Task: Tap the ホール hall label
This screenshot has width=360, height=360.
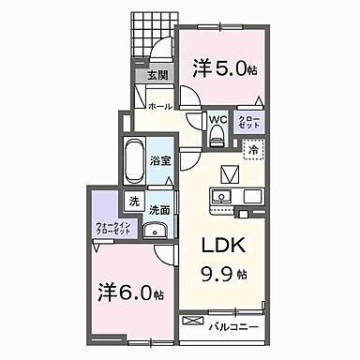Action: pyautogui.click(x=158, y=106)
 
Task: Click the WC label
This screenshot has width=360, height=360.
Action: pyautogui.click(x=217, y=120)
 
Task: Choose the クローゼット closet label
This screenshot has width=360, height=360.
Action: pyautogui.click(x=249, y=122)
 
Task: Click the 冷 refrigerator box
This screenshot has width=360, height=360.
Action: pyautogui.click(x=252, y=147)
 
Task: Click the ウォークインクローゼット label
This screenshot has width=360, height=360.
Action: pyautogui.click(x=109, y=228)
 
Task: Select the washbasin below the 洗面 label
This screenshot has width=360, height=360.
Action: pyautogui.click(x=158, y=232)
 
